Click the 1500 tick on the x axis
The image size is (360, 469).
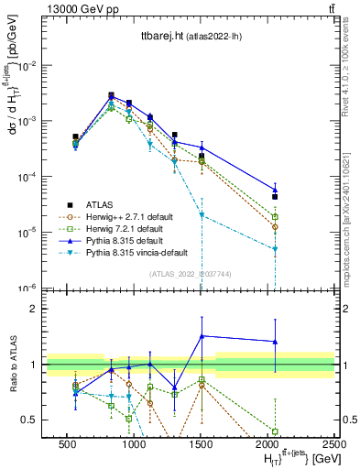click(x=202, y=443)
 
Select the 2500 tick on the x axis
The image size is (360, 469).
click(x=335, y=443)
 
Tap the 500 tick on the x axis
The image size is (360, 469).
click(x=67, y=443)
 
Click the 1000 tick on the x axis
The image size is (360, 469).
click(x=135, y=443)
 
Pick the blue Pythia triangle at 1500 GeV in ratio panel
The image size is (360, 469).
click(x=202, y=336)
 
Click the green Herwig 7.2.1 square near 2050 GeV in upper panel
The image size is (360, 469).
click(x=275, y=217)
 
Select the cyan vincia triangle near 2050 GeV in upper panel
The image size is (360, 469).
click(x=275, y=248)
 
